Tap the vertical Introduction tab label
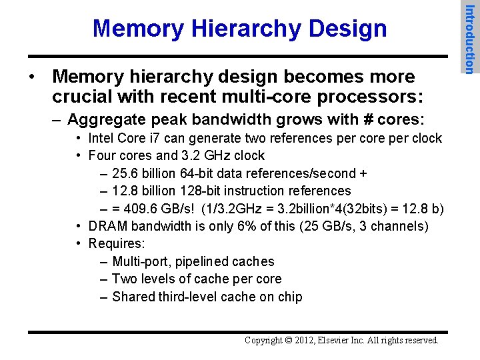tap(469, 38)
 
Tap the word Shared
tap(133, 297)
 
